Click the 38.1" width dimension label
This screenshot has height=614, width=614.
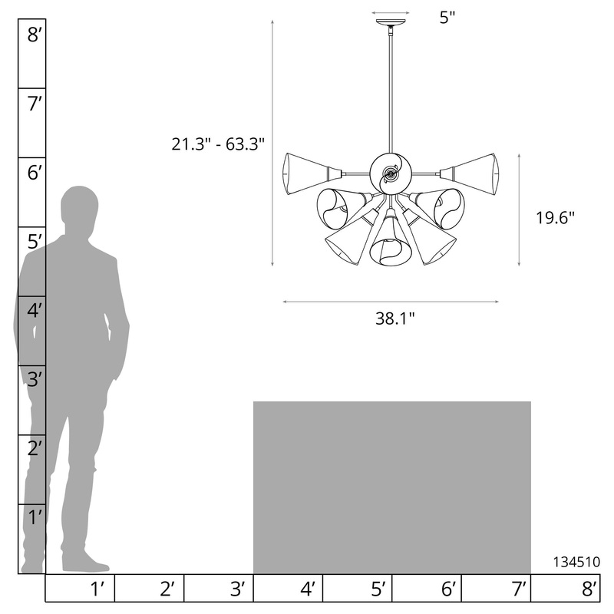[394, 319]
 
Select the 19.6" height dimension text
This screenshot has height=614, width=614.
[555, 218]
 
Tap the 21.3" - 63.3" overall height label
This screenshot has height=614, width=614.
[218, 144]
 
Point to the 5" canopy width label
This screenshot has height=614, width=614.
[447, 18]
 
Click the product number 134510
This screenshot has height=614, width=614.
[576, 562]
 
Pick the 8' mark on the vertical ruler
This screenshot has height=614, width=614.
[34, 35]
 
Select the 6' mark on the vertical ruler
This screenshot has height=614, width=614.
[34, 173]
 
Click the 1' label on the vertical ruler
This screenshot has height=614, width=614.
[35, 517]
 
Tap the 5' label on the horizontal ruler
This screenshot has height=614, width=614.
[378, 589]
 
